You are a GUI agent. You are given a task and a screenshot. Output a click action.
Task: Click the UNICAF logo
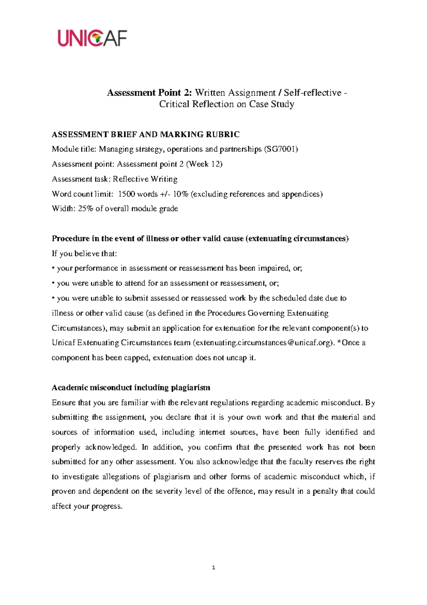point(92,38)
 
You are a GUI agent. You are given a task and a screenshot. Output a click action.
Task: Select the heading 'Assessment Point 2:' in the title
point(149,93)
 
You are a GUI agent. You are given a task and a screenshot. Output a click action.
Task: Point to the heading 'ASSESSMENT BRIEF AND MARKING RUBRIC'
point(146,135)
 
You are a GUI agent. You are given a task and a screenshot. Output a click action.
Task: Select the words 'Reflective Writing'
point(145,179)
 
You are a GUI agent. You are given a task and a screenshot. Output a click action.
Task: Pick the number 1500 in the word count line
point(126,194)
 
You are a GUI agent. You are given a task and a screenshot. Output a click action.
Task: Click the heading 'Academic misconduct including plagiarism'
point(131,388)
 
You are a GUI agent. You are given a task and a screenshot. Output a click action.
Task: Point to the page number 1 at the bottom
point(213,568)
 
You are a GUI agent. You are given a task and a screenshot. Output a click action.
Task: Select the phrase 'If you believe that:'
point(84,254)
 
